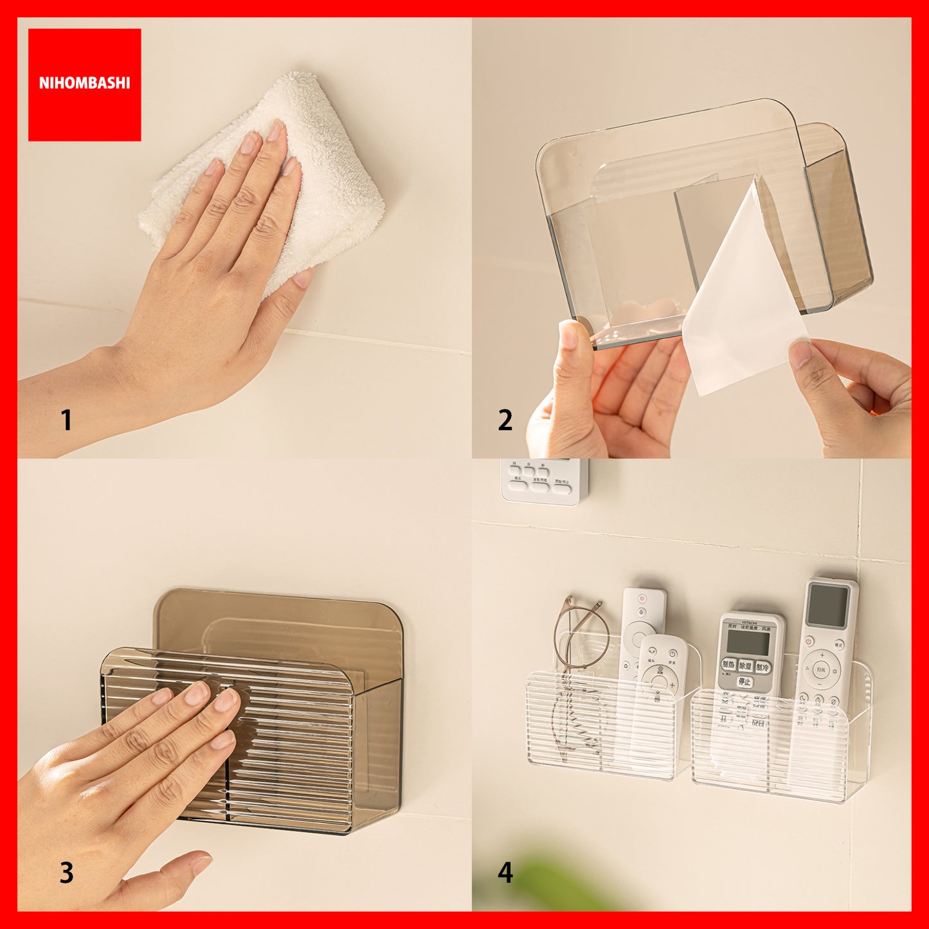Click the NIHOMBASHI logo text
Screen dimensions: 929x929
pyautogui.click(x=84, y=83)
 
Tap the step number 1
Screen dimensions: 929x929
pyautogui.click(x=66, y=420)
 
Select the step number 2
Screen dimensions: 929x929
pyautogui.click(x=505, y=420)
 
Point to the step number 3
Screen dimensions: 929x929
pyautogui.click(x=66, y=872)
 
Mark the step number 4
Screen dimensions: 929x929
pyautogui.click(x=505, y=872)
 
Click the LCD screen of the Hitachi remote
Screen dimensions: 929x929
pyautogui.click(x=748, y=642)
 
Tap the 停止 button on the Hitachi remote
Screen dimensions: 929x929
pyautogui.click(x=744, y=681)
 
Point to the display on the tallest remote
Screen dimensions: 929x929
pyautogui.click(x=828, y=605)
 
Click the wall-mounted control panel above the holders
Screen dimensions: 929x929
pyautogui.click(x=544, y=481)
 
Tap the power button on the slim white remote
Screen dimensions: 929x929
pyautogui.click(x=642, y=599)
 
